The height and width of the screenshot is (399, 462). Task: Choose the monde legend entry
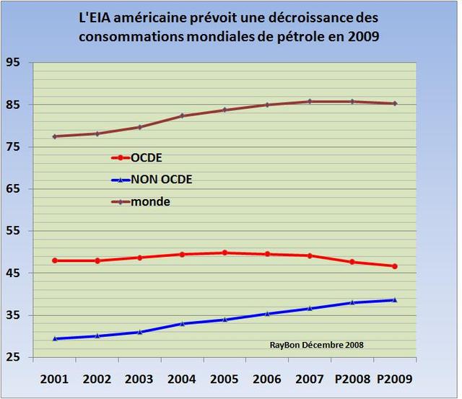point(150,202)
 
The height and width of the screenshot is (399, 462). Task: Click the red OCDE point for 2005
point(225,253)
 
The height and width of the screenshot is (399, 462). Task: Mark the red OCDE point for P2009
point(395,266)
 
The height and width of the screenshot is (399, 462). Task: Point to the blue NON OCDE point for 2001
point(55,338)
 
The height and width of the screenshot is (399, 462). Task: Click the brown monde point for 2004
point(182,115)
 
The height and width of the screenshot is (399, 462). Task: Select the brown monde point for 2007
point(310,102)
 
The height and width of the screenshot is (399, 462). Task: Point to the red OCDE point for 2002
point(97,260)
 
